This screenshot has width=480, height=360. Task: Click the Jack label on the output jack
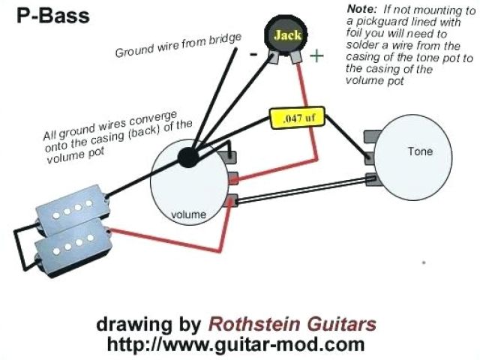click(287, 35)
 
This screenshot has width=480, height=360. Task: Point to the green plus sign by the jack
click(317, 55)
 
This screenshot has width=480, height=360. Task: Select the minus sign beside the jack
click(253, 55)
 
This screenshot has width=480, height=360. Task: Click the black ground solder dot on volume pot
click(187, 157)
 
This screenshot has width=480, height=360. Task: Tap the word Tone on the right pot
click(420, 151)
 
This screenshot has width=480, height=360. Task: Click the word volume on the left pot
click(188, 214)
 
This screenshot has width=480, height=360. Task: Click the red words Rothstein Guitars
click(292, 325)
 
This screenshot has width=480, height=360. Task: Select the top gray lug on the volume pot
click(233, 159)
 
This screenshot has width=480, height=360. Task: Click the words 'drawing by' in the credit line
click(148, 325)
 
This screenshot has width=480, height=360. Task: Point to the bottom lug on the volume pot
click(234, 199)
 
